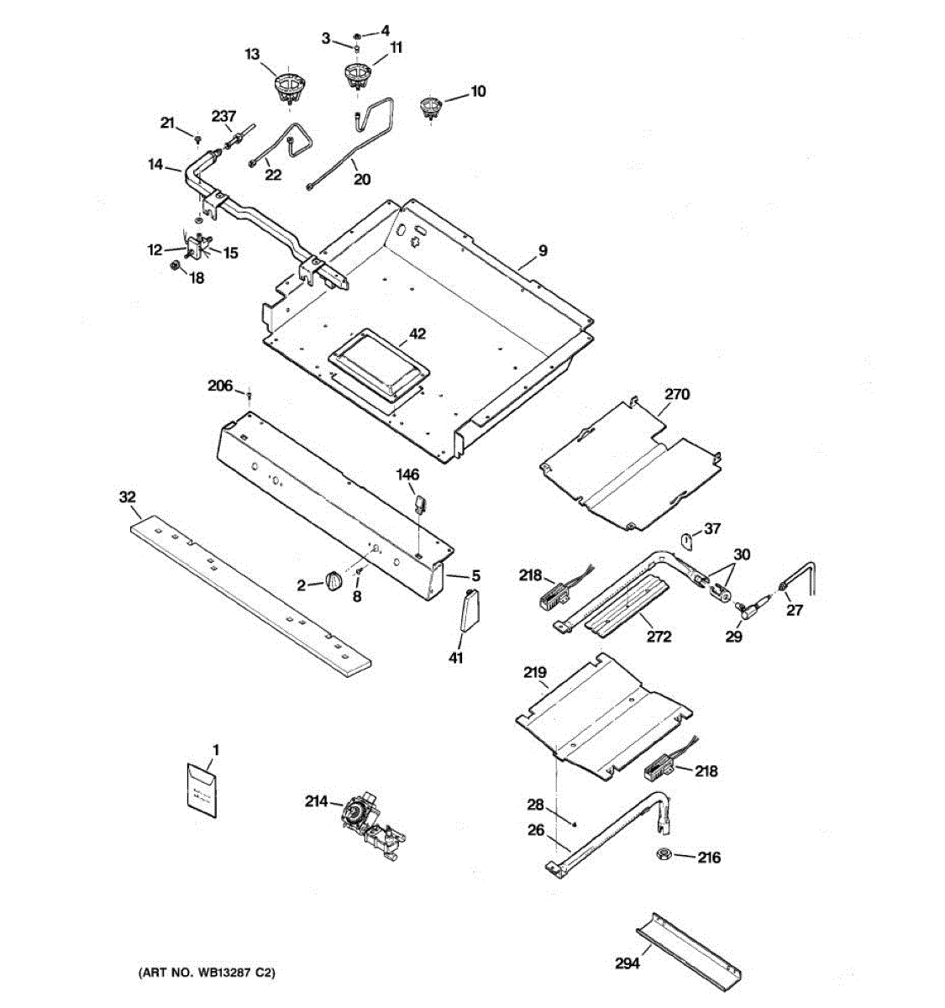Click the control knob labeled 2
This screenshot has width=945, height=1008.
pos(333,581)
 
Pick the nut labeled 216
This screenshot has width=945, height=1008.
pos(663,855)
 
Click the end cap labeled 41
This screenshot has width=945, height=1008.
pos(467,609)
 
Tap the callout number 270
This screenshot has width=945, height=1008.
pos(677,393)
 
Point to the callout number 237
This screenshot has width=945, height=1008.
pos(223,116)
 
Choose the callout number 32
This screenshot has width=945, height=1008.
pos(127,497)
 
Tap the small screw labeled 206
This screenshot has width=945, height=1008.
pos(249,394)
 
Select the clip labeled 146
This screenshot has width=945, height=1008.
pos(421,504)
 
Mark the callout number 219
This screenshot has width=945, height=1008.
pos(535,672)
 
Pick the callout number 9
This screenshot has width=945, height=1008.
pos(543,249)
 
